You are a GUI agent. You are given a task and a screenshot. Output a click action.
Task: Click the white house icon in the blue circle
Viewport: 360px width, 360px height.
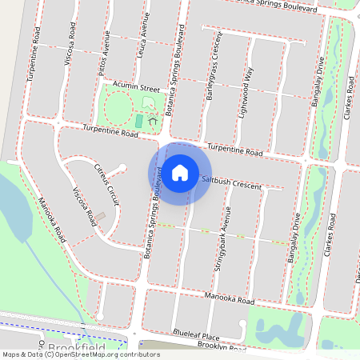[180, 172]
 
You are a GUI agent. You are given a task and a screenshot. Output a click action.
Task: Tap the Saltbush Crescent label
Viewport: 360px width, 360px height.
[232, 182]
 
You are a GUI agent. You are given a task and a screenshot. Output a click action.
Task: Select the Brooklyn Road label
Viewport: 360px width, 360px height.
[222, 350]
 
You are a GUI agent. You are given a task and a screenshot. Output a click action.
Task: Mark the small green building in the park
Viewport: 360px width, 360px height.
[139, 121]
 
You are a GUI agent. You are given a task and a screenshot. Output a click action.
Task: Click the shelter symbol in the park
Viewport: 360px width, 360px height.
[151, 121]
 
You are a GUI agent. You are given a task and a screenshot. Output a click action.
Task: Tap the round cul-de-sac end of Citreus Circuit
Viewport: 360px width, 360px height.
[122, 168]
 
